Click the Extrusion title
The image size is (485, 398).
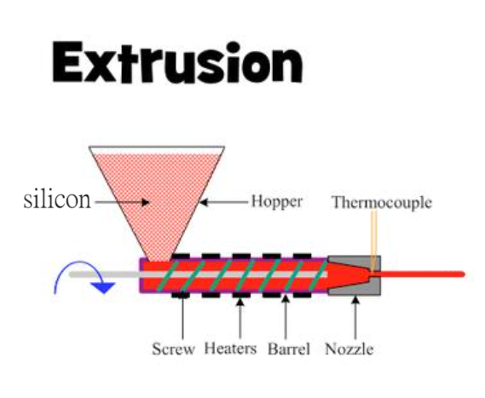177,62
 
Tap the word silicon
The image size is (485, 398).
57,199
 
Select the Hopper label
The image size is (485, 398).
276,201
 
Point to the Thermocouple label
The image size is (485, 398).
382,202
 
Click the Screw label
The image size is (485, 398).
173,349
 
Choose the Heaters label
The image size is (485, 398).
231,349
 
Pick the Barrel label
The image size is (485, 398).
289,349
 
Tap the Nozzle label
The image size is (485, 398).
349,349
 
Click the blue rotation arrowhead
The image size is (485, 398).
104,287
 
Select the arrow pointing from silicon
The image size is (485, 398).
122,203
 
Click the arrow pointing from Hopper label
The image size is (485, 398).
223,203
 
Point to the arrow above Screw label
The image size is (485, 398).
182,314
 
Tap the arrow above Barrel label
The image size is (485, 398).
286,317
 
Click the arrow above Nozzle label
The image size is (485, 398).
355,317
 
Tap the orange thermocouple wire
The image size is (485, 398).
373,239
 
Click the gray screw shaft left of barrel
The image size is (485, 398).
105,274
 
